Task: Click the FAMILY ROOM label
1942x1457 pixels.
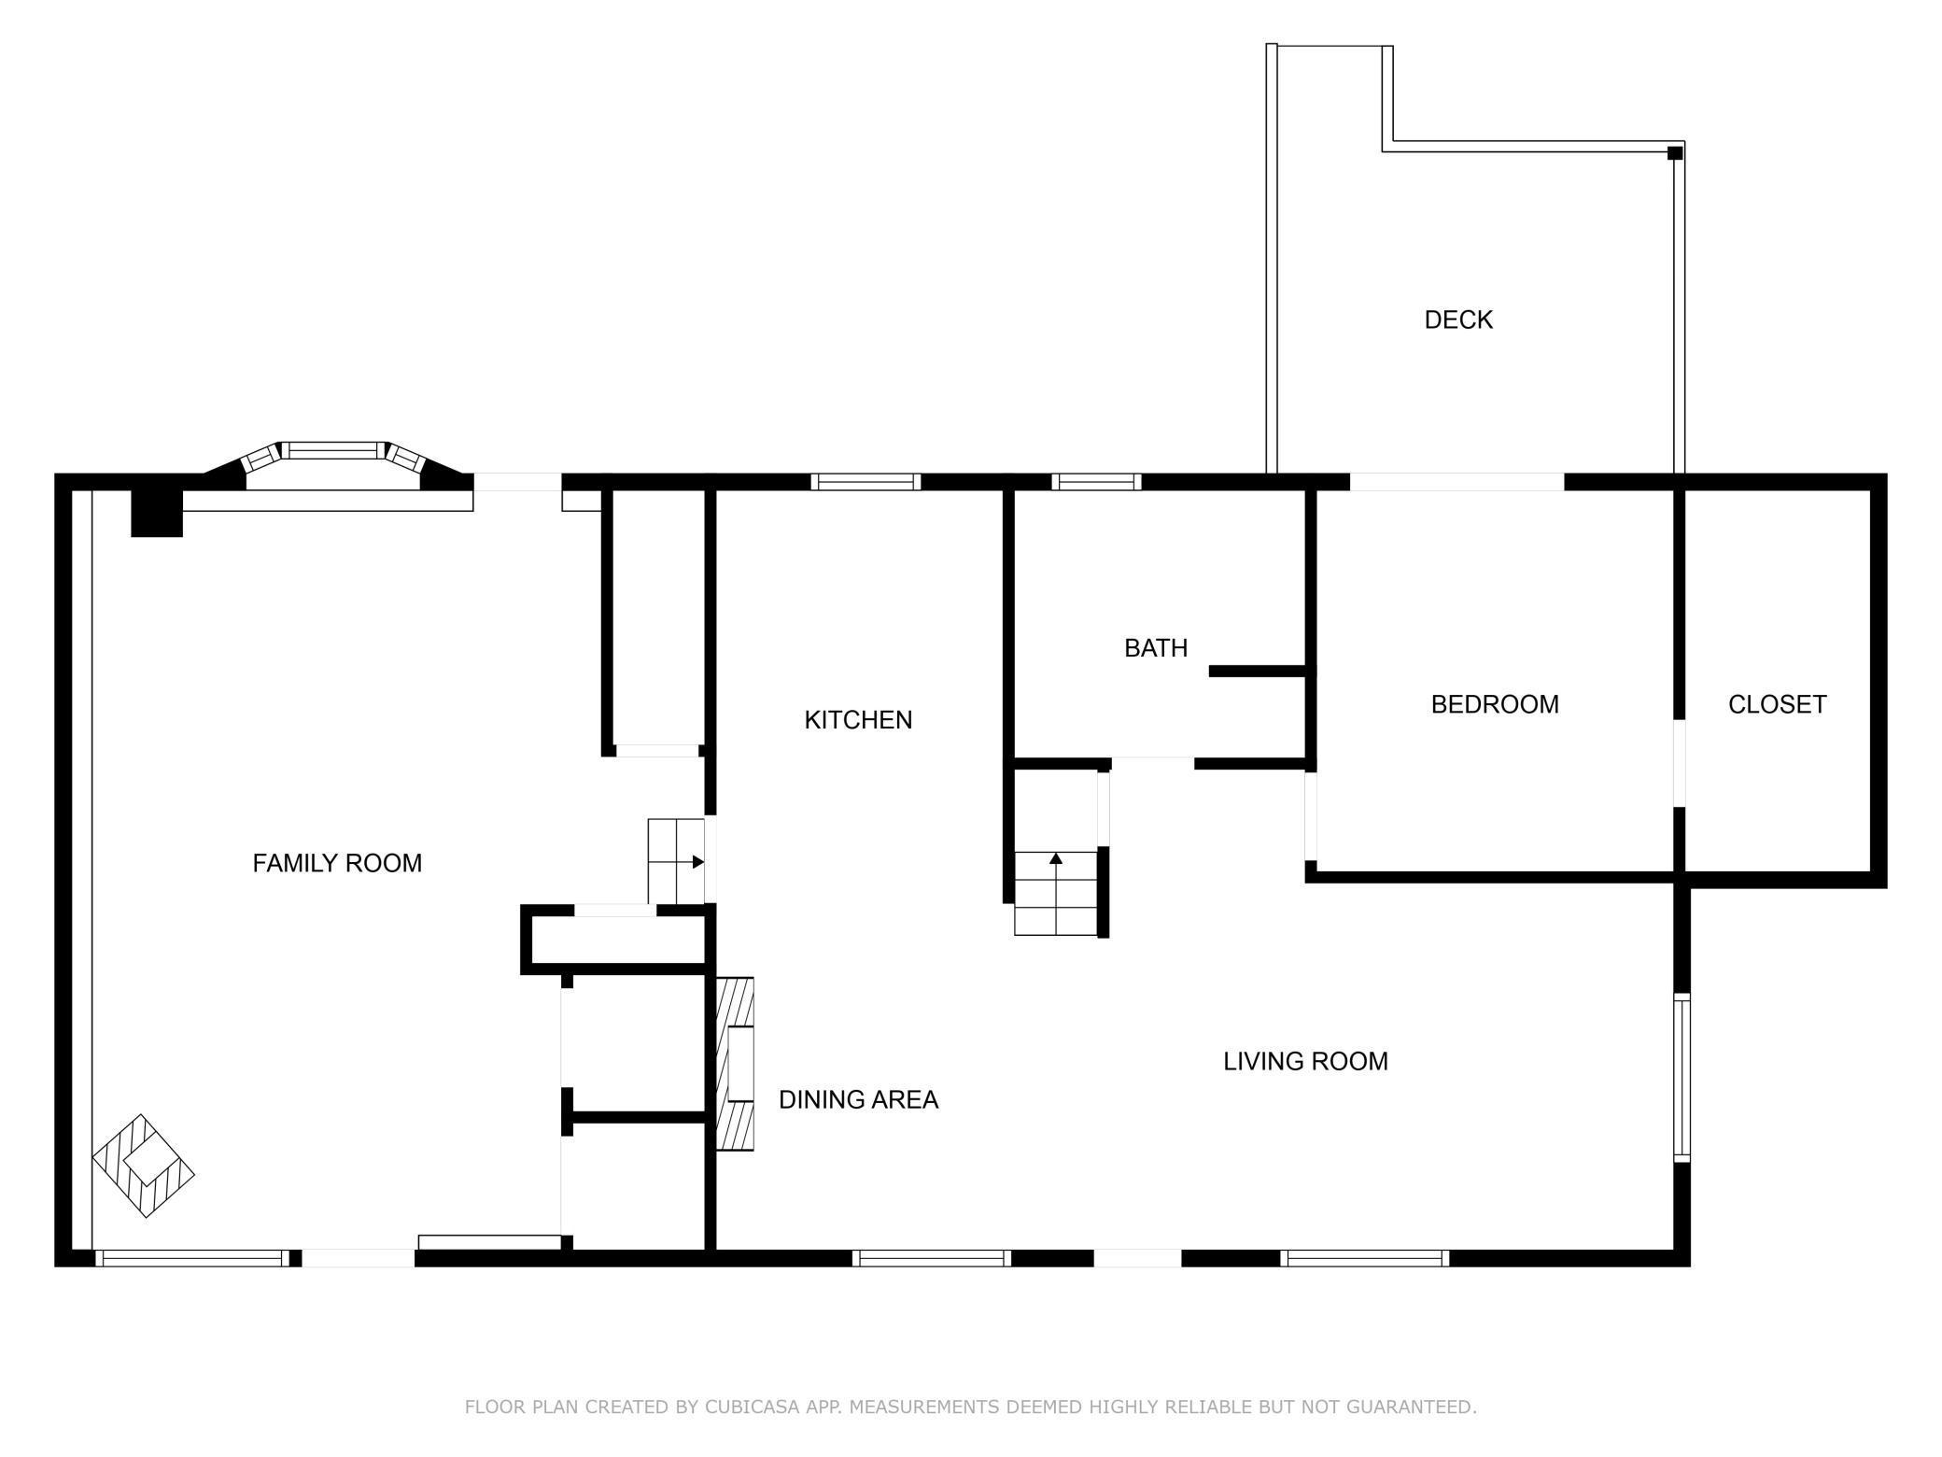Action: (337, 863)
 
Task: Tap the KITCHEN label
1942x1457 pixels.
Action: (858, 720)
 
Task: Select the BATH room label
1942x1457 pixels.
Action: (1156, 648)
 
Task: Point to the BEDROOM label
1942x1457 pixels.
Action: (1495, 704)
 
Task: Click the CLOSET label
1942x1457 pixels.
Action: (1777, 704)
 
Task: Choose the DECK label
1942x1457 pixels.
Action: (1458, 320)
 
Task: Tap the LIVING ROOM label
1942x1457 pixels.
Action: (1305, 1061)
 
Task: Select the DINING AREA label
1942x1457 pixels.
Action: (858, 1100)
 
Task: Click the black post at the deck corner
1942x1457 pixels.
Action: (1675, 153)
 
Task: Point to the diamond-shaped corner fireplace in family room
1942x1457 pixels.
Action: (143, 1166)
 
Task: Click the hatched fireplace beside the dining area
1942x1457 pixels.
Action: (735, 1064)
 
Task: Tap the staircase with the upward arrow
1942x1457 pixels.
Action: (1056, 893)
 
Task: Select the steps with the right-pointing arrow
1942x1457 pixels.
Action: (676, 861)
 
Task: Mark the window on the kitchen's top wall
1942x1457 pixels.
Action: (865, 482)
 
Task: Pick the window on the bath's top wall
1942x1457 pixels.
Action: (1096, 482)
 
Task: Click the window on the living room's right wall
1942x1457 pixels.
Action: (1682, 1079)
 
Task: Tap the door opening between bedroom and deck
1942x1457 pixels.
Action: (1456, 482)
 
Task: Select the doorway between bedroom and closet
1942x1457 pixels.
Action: (1679, 763)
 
